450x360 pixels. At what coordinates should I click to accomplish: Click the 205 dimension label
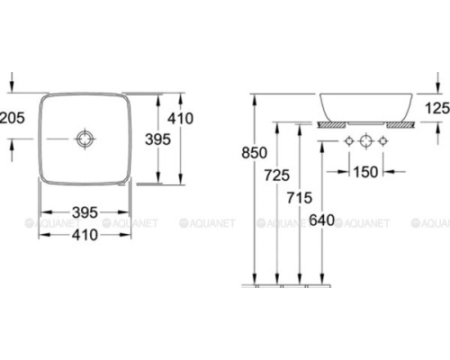click(12, 118)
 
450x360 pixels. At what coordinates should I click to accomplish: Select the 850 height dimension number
click(254, 153)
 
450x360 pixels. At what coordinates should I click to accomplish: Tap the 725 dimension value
click(277, 175)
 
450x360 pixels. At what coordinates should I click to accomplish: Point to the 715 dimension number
click(300, 198)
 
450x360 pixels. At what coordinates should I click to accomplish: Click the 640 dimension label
click(322, 220)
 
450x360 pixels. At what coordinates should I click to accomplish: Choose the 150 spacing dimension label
click(365, 172)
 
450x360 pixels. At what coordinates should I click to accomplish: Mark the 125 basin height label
click(437, 108)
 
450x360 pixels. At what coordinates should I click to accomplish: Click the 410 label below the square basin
click(85, 235)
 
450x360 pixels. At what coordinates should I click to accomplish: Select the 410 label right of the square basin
click(180, 118)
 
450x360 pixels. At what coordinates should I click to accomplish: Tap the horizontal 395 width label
click(85, 212)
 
